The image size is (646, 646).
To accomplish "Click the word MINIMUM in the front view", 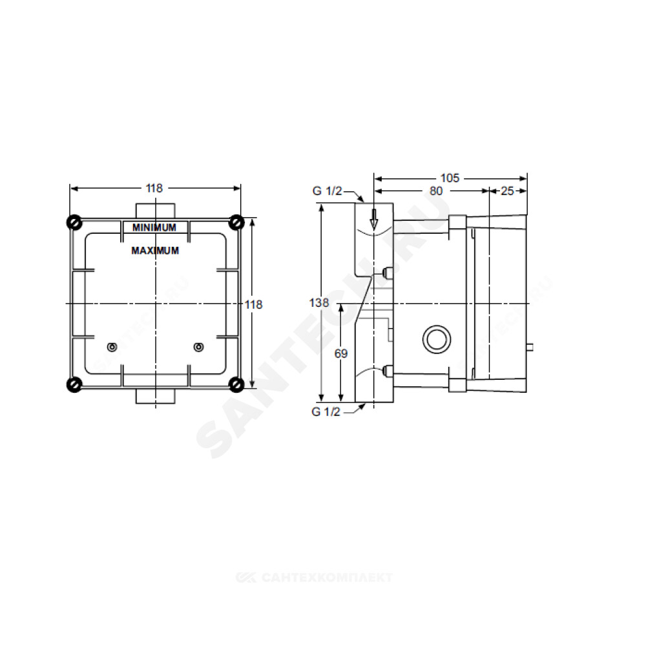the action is (154, 227).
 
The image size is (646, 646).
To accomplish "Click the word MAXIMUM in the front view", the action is (155, 251).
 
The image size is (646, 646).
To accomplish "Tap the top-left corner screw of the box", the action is (74, 222).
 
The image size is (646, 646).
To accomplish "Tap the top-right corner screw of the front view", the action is (236, 222).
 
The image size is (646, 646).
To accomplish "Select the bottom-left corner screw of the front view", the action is (74, 384).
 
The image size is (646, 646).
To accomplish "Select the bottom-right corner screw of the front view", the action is (236, 384).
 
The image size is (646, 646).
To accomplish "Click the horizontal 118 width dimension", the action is (154, 188).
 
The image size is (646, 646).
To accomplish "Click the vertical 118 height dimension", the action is (253, 304).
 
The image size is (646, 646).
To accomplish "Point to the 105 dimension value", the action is (450, 178).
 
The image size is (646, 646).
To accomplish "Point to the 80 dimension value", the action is (436, 191).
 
